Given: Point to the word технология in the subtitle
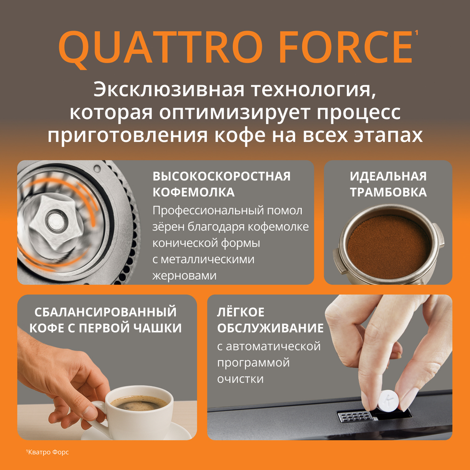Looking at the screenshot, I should point(322,90).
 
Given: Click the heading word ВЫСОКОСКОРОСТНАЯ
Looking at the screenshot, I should point(221,176).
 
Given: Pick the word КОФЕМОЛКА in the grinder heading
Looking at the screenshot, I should point(194,192).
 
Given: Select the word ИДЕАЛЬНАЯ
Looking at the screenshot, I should point(388,176).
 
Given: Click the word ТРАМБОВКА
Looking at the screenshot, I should point(388,192).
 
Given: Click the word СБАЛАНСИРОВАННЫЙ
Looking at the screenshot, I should point(106,312).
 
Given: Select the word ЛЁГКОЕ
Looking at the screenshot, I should point(241,312).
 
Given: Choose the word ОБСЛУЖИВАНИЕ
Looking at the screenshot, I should point(270,328).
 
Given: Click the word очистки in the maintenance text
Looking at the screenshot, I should point(240,379).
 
